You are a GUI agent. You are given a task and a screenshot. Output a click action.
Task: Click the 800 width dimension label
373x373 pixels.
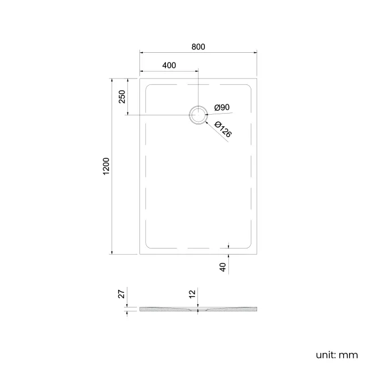(198, 46)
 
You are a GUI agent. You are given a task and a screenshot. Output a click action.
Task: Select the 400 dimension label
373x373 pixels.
(169, 65)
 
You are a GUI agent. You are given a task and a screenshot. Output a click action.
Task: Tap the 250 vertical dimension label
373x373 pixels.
(122, 96)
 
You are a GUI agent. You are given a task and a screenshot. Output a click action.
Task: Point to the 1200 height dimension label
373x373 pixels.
(106, 166)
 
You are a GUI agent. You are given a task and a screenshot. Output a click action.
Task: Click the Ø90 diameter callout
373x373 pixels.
(222, 107)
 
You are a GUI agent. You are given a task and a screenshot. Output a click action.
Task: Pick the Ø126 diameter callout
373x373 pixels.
(223, 129)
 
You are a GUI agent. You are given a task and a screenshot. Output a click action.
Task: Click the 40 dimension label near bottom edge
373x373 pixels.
(223, 266)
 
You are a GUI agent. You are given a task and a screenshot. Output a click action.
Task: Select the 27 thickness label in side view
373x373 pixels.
(121, 294)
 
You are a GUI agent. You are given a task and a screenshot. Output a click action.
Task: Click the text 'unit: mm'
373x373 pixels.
(336, 355)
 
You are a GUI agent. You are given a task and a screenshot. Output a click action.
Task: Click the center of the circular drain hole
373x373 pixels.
(198, 115)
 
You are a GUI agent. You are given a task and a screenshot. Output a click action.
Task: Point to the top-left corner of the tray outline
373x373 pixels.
(140, 79)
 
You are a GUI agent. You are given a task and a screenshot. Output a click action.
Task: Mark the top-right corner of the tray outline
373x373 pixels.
(257, 79)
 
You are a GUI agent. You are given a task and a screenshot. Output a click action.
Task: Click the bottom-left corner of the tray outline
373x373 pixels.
(140, 254)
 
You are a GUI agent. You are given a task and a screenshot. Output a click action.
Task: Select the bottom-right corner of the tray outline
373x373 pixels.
(257, 254)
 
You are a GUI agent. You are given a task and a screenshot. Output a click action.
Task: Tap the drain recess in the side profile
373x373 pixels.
(198, 310)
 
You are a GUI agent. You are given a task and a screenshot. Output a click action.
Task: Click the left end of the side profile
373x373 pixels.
(141, 309)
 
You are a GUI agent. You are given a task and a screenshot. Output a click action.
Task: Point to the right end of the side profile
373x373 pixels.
(256, 309)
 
